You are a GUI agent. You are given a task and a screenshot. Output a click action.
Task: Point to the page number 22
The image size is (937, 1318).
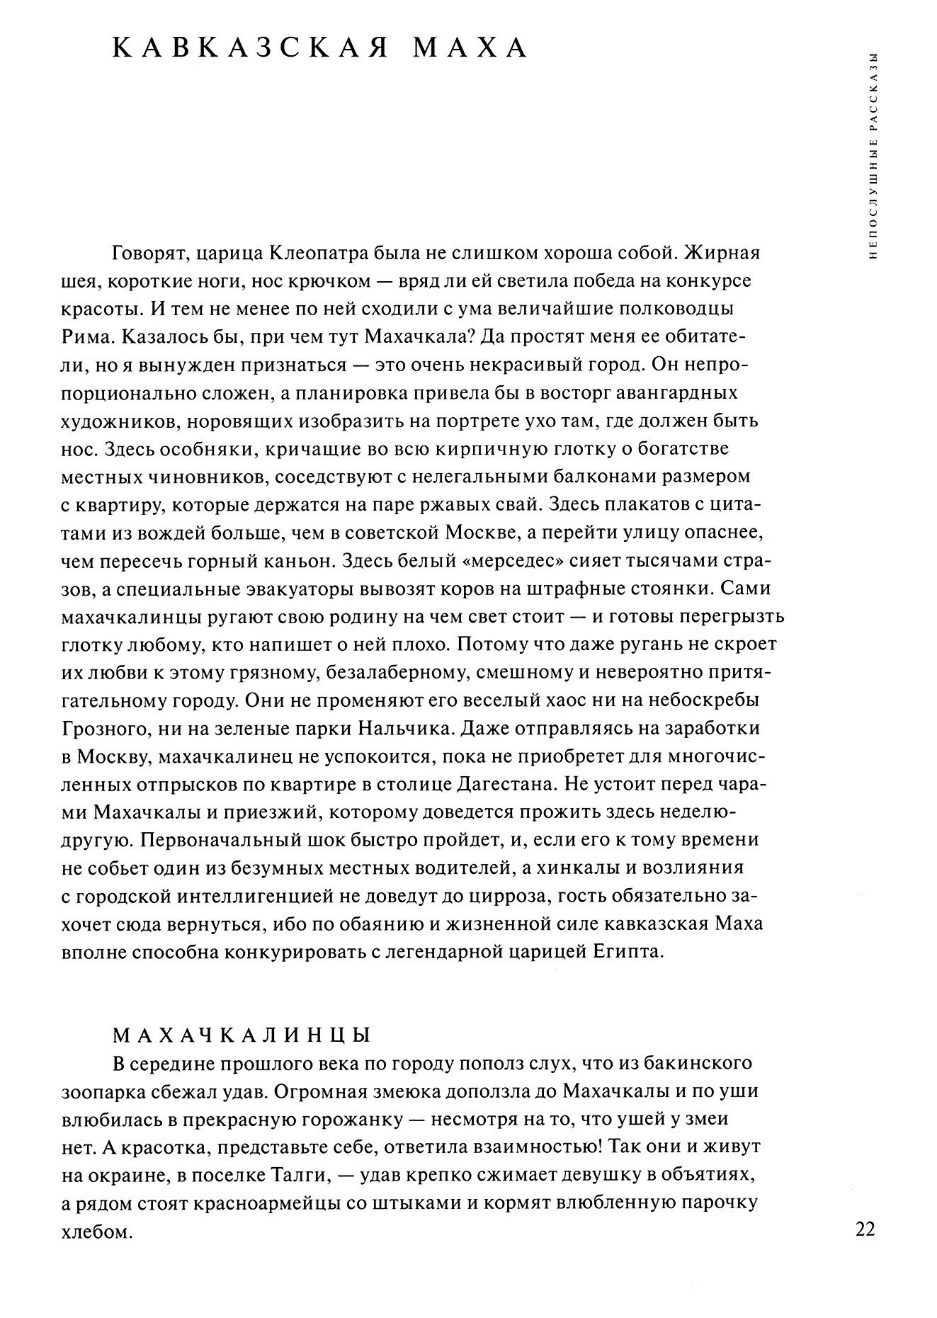click(865, 1228)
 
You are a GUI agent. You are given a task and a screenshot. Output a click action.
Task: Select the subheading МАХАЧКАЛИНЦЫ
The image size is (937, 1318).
click(242, 1035)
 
